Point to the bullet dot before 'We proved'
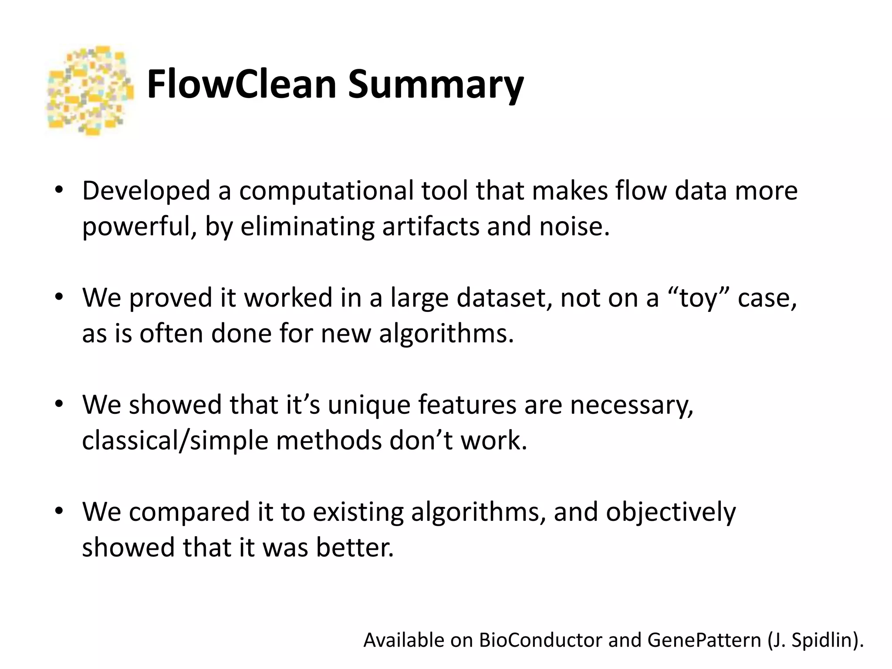pos(59,297)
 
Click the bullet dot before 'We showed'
pos(59,404)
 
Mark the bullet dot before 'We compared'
pos(59,511)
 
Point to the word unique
pos(368,405)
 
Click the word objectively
pos(671,512)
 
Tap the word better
pos(355,547)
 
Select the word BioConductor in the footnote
pos(540,640)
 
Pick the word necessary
pos(632,405)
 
